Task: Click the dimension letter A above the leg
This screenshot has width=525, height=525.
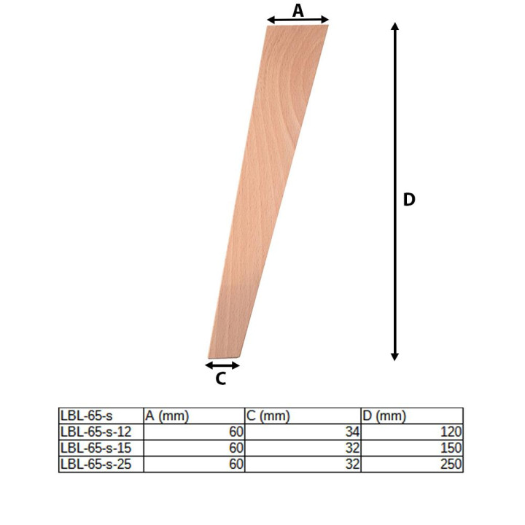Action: pyautogui.click(x=297, y=11)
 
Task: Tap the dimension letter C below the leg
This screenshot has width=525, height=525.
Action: pyautogui.click(x=221, y=378)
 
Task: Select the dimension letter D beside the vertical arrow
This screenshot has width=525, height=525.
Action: pyautogui.click(x=409, y=200)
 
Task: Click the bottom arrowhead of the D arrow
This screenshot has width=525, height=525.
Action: pyautogui.click(x=394, y=357)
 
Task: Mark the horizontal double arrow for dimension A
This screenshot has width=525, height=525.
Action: pyautogui.click(x=297, y=20)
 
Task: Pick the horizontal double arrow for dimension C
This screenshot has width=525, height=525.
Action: pyautogui.click(x=222, y=365)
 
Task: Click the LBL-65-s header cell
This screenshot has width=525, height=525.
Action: pyautogui.click(x=86, y=416)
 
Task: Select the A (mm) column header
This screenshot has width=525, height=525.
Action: pyautogui.click(x=167, y=416)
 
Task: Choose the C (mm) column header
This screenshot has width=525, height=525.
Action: pyautogui.click(x=268, y=416)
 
